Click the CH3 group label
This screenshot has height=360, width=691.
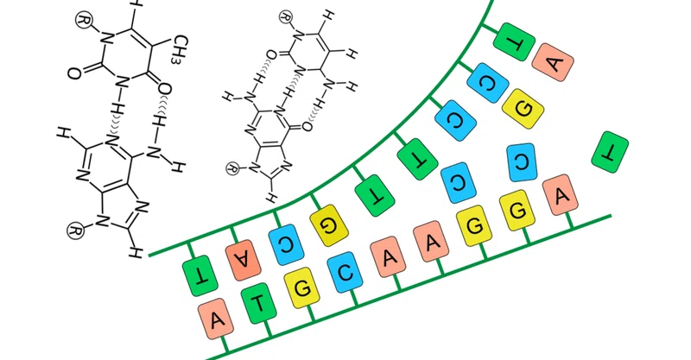[x=180, y=49]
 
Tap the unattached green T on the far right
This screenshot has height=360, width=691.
[x=610, y=152]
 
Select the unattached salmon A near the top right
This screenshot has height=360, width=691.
[x=553, y=62]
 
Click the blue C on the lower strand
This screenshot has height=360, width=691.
[x=345, y=272]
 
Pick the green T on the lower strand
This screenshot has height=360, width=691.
[x=258, y=304]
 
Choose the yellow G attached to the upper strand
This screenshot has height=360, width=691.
[x=329, y=225]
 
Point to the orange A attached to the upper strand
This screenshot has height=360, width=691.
[x=244, y=261]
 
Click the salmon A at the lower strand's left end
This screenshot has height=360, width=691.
[x=216, y=319]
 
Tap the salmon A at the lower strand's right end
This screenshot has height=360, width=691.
[x=560, y=195]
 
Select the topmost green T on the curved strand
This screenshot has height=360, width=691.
[x=514, y=41]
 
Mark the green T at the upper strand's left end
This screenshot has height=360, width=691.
[x=200, y=275]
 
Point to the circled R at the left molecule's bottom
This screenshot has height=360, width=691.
[x=75, y=231]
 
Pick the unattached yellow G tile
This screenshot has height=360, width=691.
[x=523, y=109]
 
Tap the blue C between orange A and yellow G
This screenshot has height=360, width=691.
[x=286, y=244]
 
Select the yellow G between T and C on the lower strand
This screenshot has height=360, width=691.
[x=301, y=288]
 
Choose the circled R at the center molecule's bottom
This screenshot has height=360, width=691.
[x=233, y=167]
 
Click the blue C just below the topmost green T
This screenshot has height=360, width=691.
[x=488, y=83]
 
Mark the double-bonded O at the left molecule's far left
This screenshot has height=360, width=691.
[x=74, y=73]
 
